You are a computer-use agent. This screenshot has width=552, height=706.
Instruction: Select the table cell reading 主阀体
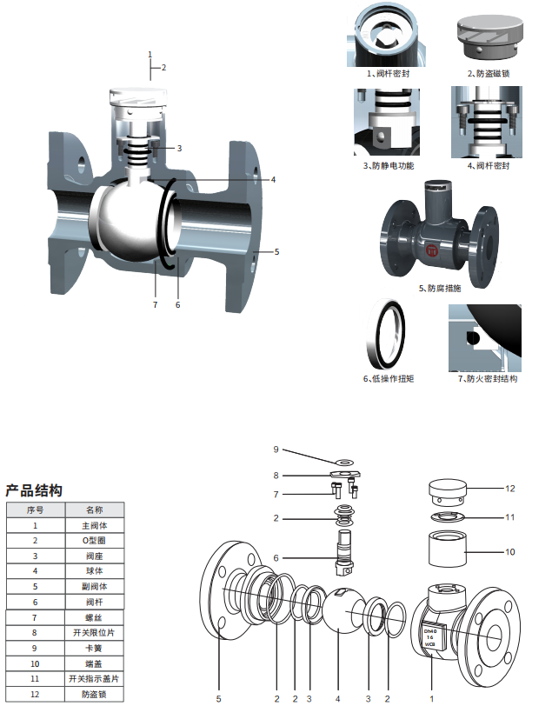coord(93,525)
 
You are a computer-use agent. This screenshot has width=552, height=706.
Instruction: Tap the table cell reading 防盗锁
coord(93,695)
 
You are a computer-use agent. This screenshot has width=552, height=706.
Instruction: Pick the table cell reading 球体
coord(93,571)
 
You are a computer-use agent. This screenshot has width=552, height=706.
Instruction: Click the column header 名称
coord(93,510)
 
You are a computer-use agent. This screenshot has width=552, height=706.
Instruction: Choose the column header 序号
coord(35,510)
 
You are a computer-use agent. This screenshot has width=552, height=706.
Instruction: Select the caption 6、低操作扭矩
coord(388,379)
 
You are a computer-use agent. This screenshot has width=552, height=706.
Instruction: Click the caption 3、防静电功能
coord(389,165)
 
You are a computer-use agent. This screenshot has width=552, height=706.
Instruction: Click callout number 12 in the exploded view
coord(510,488)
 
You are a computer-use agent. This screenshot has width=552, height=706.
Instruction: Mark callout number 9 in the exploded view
coord(276,450)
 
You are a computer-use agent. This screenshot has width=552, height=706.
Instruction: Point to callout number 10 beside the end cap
coord(510,551)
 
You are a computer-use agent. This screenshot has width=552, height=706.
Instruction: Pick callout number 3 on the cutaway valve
coord(179,149)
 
